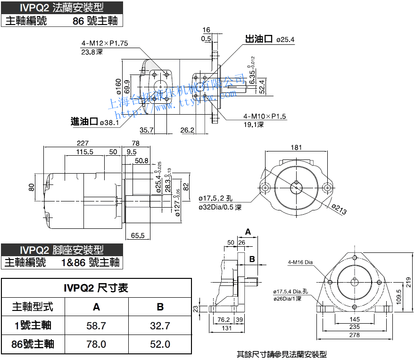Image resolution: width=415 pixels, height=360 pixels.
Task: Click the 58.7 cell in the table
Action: [96, 326]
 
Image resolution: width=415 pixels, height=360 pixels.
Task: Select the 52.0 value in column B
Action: [160, 344]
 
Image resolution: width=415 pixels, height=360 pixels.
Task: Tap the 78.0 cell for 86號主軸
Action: [96, 344]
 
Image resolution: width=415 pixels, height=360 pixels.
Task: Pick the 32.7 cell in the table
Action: [160, 326]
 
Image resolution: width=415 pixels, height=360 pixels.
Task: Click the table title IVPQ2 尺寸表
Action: [96, 288]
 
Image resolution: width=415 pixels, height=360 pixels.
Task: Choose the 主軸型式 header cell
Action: [33, 307]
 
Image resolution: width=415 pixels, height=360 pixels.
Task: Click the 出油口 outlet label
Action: [259, 39]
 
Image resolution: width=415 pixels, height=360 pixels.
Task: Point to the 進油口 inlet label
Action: [84, 122]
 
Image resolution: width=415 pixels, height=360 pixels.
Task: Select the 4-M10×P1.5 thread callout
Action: [265, 116]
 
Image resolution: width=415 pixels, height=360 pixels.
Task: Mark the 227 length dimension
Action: [83, 143]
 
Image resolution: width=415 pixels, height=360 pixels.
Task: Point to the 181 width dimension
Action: [296, 147]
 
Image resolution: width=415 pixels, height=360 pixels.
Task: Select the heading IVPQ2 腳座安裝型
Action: [62, 250]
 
